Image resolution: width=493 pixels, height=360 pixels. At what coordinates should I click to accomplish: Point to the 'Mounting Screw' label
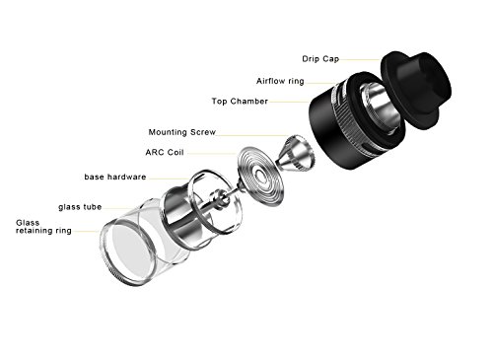[185, 130]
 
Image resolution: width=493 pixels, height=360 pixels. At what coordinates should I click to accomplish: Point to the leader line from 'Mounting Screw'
[246, 131]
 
